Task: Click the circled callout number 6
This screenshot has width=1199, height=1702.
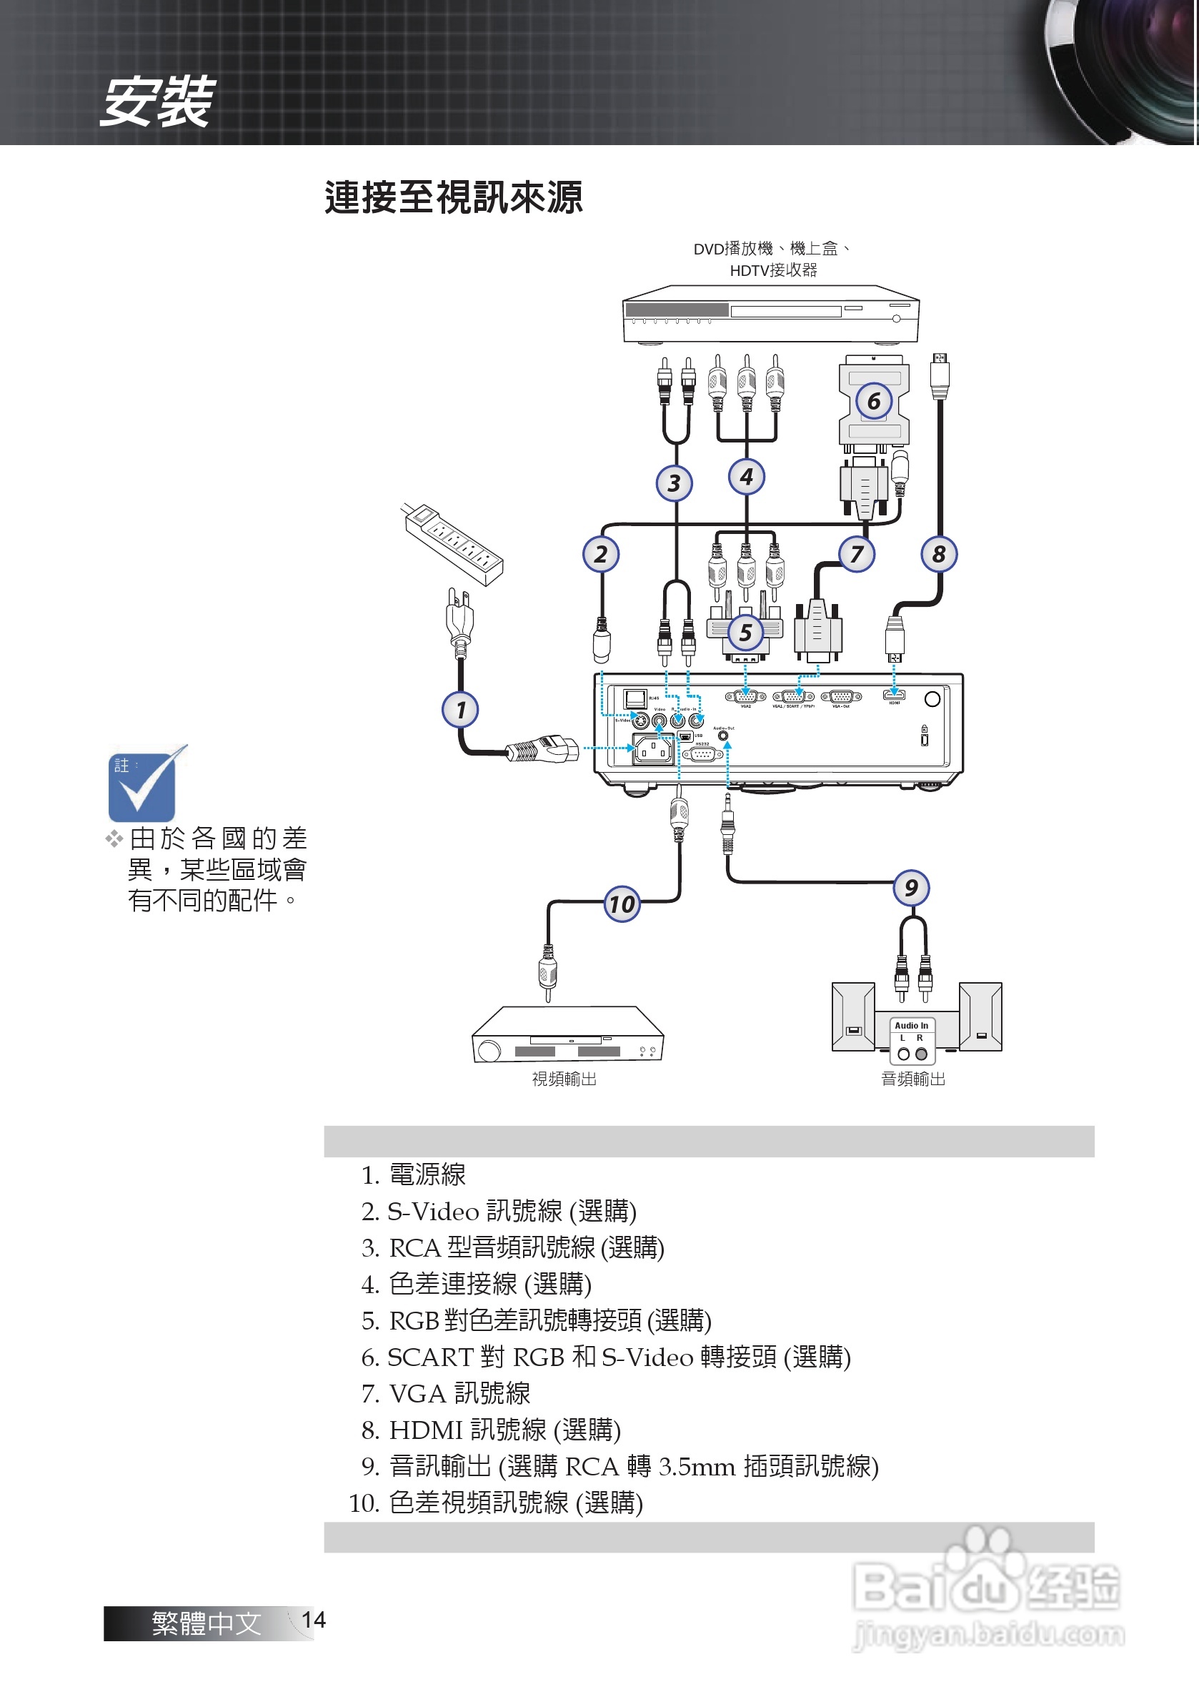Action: (x=873, y=401)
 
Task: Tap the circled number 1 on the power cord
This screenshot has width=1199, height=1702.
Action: (x=460, y=709)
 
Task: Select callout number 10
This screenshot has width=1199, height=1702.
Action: (x=622, y=904)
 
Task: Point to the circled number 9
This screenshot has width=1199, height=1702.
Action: (x=911, y=887)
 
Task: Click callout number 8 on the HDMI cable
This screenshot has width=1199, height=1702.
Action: (x=938, y=554)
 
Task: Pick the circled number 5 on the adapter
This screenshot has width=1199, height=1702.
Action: (x=745, y=633)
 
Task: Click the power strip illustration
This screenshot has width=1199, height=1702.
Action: (x=454, y=544)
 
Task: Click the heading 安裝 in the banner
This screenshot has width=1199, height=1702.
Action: (x=157, y=102)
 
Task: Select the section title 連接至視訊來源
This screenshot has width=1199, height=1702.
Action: (x=454, y=197)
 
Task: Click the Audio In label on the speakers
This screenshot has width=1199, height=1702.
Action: (x=911, y=1025)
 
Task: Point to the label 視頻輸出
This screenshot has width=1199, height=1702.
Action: (x=564, y=1079)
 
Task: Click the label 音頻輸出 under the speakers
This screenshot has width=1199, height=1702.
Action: (x=912, y=1079)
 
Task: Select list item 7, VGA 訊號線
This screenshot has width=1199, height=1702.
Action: (x=446, y=1393)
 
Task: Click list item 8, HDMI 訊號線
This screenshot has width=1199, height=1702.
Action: (x=491, y=1429)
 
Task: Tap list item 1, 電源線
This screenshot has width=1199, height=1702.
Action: (x=414, y=1174)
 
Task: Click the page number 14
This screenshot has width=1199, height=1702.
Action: (x=314, y=1620)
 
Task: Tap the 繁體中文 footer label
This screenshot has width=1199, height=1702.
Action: (x=206, y=1623)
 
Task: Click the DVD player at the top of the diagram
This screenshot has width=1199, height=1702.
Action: (x=770, y=315)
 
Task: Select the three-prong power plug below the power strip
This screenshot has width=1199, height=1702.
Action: (x=459, y=623)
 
